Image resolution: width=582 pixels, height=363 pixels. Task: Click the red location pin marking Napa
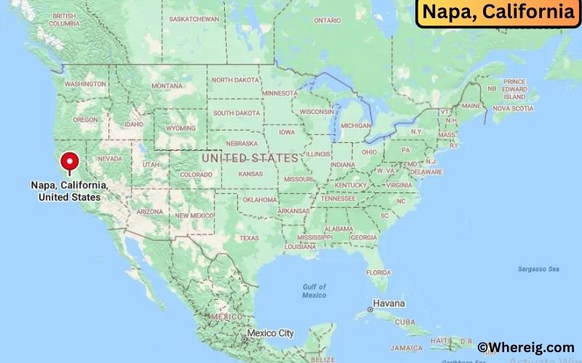(70, 161)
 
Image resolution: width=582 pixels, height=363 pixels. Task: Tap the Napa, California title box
(498, 12)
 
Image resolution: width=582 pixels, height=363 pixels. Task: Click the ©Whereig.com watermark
(526, 348)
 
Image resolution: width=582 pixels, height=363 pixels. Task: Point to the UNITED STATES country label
(250, 158)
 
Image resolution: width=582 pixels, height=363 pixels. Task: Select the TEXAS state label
(250, 237)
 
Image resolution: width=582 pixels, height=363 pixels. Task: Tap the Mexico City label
(270, 333)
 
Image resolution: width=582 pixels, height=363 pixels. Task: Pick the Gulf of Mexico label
(314, 290)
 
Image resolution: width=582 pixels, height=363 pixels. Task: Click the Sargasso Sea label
(538, 269)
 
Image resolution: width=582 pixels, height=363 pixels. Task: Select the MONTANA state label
(167, 86)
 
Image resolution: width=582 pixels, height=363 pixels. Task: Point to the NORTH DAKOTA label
(235, 80)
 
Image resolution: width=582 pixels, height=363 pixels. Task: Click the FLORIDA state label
(378, 272)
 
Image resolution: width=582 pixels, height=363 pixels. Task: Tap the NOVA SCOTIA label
(513, 108)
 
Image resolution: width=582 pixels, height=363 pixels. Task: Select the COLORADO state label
(196, 174)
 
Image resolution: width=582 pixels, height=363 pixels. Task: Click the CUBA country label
(425, 322)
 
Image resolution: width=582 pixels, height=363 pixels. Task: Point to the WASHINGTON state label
(85, 84)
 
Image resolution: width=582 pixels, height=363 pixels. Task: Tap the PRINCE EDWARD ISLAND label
(514, 89)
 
